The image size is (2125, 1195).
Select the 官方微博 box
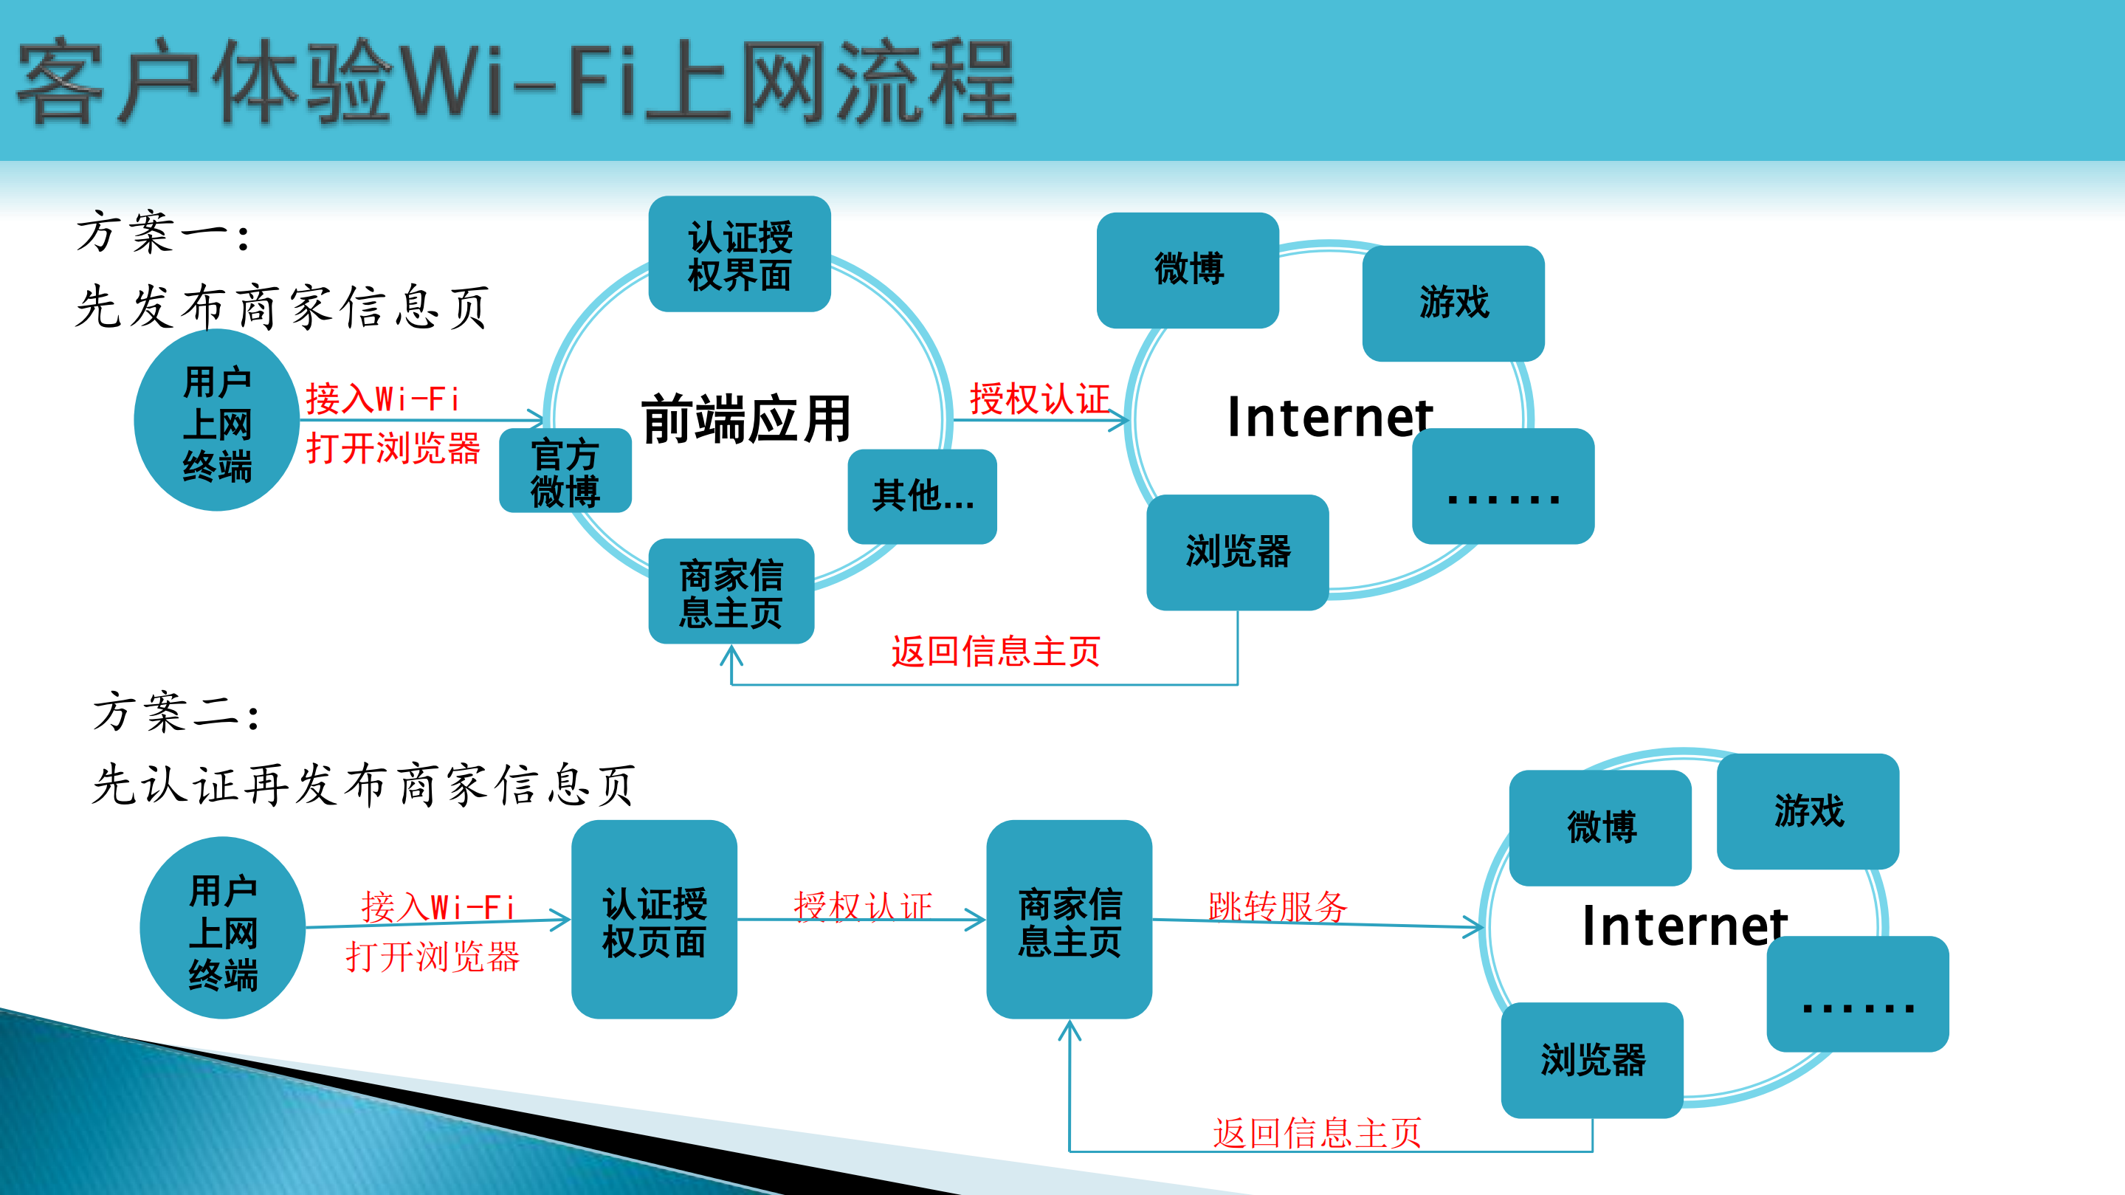[565, 472]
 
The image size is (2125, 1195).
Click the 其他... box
[923, 496]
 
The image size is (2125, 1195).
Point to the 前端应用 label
[745, 419]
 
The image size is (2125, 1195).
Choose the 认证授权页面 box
[653, 920]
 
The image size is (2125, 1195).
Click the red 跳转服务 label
[1277, 906]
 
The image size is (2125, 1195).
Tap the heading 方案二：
[176, 712]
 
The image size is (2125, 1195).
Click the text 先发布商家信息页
[282, 307]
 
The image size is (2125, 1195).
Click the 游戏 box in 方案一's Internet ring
[1453, 303]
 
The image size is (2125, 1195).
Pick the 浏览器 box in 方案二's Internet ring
[1592, 1060]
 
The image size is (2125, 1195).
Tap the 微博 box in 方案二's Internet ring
[1600, 827]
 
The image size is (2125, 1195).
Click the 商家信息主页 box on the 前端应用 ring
[731, 591]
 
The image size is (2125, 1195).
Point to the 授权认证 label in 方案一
[1039, 399]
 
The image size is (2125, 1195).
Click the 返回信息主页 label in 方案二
[1317, 1132]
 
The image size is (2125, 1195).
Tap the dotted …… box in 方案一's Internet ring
[1502, 486]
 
